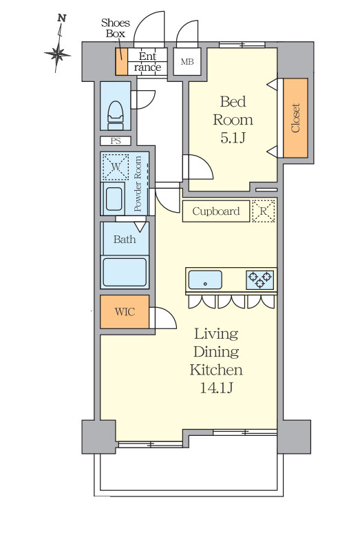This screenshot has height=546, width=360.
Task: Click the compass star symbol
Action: (57, 54)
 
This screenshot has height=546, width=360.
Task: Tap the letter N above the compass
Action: (62, 18)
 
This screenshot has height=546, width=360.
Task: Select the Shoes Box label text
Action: (116, 28)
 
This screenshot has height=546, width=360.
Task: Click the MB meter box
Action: (187, 62)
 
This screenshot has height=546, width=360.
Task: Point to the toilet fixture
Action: (116, 113)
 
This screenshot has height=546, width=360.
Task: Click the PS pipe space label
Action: (116, 141)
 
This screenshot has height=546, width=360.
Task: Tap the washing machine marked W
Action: (115, 167)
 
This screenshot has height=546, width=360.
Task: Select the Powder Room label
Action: (138, 184)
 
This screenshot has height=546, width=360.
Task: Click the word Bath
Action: (125, 239)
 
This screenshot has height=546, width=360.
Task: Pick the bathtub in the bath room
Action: (125, 272)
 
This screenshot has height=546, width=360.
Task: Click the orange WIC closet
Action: (125, 312)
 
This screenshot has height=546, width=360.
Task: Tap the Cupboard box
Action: (216, 211)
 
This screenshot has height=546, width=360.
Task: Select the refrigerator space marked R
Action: (264, 211)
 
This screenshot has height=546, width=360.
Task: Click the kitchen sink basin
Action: (205, 280)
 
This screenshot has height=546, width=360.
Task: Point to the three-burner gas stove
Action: (260, 280)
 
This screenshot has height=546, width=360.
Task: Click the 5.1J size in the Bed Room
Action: (233, 138)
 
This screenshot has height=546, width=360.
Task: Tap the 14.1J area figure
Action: (216, 388)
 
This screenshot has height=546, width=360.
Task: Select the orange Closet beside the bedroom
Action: (295, 118)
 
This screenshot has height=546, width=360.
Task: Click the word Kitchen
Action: (216, 370)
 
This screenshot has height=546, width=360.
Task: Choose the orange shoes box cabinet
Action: (122, 61)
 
